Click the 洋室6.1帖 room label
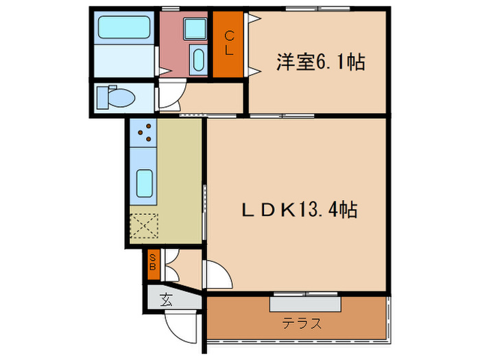click(x=320, y=63)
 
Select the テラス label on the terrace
click(x=302, y=324)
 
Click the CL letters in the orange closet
click(x=230, y=43)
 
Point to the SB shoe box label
click(x=154, y=261)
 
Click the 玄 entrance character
click(x=166, y=299)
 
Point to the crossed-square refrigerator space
click(x=145, y=226)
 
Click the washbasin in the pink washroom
click(x=197, y=60)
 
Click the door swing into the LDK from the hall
click(x=215, y=277)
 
